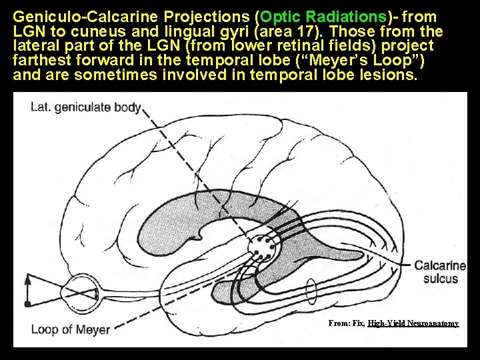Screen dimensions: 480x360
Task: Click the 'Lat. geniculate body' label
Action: point(85,107)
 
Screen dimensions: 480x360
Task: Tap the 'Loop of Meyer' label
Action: point(71,329)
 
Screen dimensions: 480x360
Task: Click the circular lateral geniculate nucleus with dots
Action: point(261,249)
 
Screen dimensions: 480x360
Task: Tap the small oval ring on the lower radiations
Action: point(311,291)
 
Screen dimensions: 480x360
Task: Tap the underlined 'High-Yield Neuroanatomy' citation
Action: point(413,323)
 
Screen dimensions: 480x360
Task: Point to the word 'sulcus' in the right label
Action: point(440,278)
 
